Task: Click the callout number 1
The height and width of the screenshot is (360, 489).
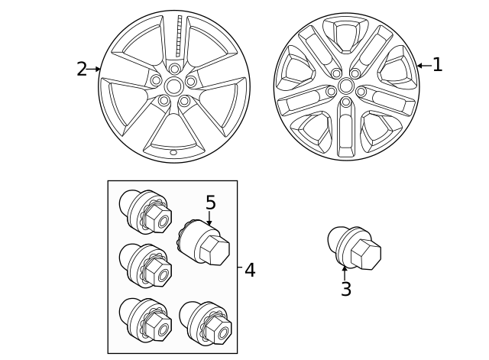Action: tap(437, 65)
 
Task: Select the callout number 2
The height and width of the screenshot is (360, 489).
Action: tap(81, 69)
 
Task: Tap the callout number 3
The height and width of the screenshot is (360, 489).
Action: tap(345, 290)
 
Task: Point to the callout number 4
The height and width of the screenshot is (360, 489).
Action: tap(250, 270)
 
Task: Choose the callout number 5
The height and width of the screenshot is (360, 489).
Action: tap(210, 203)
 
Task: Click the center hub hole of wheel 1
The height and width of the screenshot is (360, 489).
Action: tap(346, 86)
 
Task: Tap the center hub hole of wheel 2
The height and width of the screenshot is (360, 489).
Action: tap(174, 86)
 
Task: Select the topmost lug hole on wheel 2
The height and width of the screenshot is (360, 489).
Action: tap(174, 69)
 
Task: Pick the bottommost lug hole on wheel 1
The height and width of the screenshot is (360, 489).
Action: tap(346, 102)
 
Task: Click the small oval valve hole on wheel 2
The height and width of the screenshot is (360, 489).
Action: tap(173, 152)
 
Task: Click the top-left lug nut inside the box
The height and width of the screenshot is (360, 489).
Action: tap(145, 212)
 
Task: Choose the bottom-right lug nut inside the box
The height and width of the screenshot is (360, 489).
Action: tap(206, 323)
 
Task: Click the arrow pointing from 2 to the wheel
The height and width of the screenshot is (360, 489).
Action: tap(94, 69)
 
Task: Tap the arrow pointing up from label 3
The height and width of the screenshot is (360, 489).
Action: tap(345, 272)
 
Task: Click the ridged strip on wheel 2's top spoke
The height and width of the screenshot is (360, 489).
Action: tap(180, 35)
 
